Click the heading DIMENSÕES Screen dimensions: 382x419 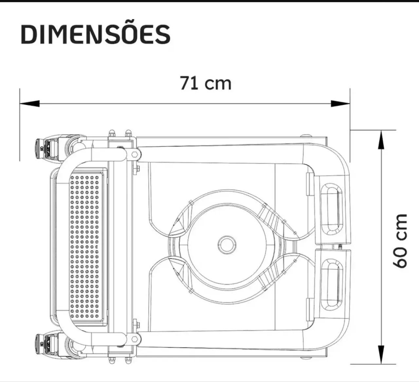pyautogui.click(x=95, y=34)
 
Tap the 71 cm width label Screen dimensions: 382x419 pyautogui.click(x=205, y=83)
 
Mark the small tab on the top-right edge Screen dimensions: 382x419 pyautogui.click(x=306, y=135)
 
